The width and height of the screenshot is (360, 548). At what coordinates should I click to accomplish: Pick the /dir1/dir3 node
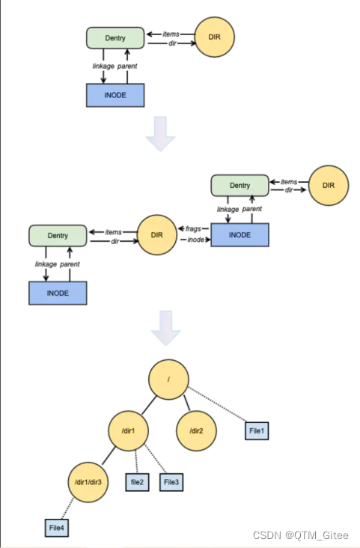89,483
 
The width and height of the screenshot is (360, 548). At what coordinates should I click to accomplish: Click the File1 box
256,431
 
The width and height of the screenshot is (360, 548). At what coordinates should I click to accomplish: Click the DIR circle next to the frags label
156,235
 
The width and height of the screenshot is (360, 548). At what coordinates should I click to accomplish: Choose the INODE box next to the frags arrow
240,235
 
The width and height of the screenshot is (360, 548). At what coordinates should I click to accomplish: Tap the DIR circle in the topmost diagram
214,34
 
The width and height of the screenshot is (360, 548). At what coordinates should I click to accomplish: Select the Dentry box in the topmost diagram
115,37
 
